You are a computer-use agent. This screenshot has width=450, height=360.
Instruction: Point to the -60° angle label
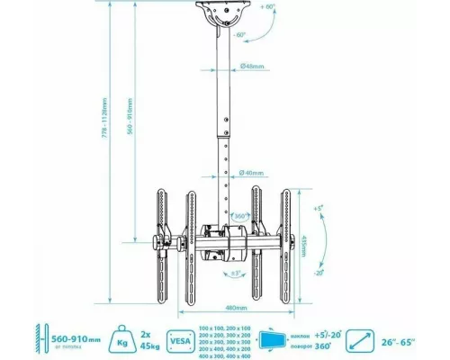(240, 36)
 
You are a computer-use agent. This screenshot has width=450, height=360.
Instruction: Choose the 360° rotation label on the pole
(240, 217)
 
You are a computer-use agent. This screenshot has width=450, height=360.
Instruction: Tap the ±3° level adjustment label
(235, 273)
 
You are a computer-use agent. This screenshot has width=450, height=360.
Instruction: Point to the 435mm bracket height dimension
(328, 242)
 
